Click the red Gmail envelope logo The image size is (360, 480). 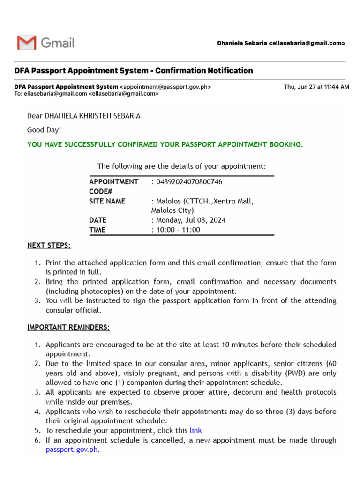[27, 43]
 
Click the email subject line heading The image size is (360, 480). [134, 71]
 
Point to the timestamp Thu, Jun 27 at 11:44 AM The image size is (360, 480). [316, 87]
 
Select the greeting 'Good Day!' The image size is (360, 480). [44, 130]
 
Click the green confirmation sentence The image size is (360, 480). [165, 144]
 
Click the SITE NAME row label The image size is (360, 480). [107, 201]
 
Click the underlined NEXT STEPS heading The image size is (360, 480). [49, 246]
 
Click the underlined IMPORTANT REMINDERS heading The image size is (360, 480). [68, 327]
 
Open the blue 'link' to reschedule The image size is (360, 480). [195, 430]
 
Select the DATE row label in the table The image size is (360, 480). [98, 220]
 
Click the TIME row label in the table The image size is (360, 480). [97, 230]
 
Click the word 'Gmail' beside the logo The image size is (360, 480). [58, 43]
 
